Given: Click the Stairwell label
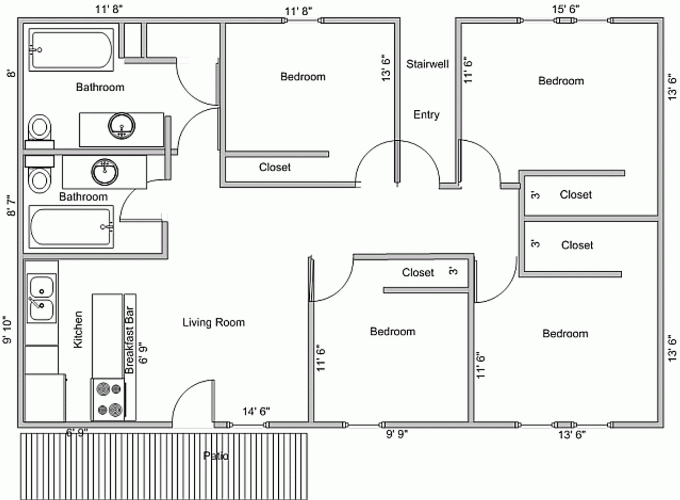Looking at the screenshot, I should click(427, 64).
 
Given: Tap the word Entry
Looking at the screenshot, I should click(426, 114).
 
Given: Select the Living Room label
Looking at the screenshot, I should click(214, 322).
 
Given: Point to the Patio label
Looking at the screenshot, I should click(216, 456).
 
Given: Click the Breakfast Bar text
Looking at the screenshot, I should click(129, 340).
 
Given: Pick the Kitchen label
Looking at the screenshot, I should click(78, 330).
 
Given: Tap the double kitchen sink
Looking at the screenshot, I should click(41, 298).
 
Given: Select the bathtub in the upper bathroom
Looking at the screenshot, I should click(71, 50).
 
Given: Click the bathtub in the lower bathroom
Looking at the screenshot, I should click(71, 227).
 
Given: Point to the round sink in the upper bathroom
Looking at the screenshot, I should click(122, 125).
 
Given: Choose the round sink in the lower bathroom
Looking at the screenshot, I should click(105, 171).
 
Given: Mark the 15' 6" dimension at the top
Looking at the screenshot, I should click(565, 9).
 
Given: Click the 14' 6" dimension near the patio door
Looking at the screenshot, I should click(256, 411).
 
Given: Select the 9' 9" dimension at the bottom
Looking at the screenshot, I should click(397, 435).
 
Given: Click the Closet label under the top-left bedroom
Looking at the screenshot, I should click(275, 167).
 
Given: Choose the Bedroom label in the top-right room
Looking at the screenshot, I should click(561, 81).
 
